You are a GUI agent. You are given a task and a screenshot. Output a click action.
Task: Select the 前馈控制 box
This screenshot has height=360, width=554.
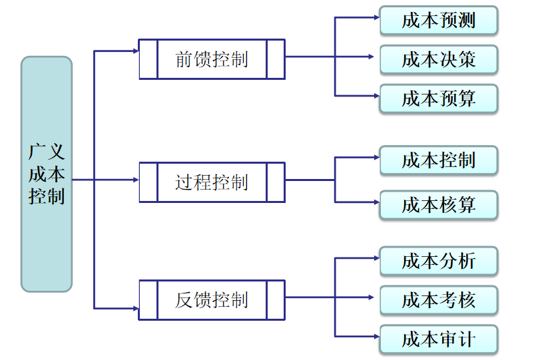[x=211, y=59]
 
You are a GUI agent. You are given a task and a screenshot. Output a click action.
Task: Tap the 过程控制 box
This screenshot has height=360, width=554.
[x=211, y=181]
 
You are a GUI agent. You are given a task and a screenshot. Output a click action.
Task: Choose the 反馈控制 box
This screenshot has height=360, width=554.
[x=211, y=300]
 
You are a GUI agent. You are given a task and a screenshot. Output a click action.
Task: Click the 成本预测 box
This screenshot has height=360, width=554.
[x=438, y=20]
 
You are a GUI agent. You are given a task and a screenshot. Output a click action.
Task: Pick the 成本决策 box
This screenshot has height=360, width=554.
[x=438, y=59]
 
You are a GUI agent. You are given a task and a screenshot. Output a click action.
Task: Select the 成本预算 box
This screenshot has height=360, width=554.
[x=438, y=98]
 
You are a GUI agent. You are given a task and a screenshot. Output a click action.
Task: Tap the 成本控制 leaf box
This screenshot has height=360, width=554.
[x=438, y=160]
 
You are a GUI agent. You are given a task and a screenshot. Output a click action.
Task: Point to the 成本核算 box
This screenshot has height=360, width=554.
[x=438, y=204]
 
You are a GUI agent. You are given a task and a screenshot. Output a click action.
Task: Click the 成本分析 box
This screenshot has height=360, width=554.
[x=438, y=261]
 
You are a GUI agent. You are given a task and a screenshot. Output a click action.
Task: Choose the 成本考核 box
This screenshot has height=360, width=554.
[x=438, y=300]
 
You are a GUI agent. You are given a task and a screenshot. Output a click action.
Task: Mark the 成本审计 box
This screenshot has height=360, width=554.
[x=438, y=339]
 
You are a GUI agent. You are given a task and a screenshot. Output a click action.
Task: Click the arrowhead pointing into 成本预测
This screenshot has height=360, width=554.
[x=375, y=18]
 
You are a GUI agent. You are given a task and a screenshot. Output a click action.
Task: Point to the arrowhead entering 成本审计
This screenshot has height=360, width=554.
[x=375, y=336]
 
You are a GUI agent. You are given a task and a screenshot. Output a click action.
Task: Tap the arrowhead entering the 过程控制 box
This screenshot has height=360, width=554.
[x=135, y=180]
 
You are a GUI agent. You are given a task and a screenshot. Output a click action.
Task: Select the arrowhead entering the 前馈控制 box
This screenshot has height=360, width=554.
[x=135, y=51]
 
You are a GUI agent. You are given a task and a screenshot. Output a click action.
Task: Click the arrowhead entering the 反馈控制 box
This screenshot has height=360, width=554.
[x=135, y=309]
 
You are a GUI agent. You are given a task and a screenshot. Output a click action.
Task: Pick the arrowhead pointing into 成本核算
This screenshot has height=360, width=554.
[x=375, y=202]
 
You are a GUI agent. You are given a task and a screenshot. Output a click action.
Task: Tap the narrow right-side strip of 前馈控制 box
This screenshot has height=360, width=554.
[x=275, y=59]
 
